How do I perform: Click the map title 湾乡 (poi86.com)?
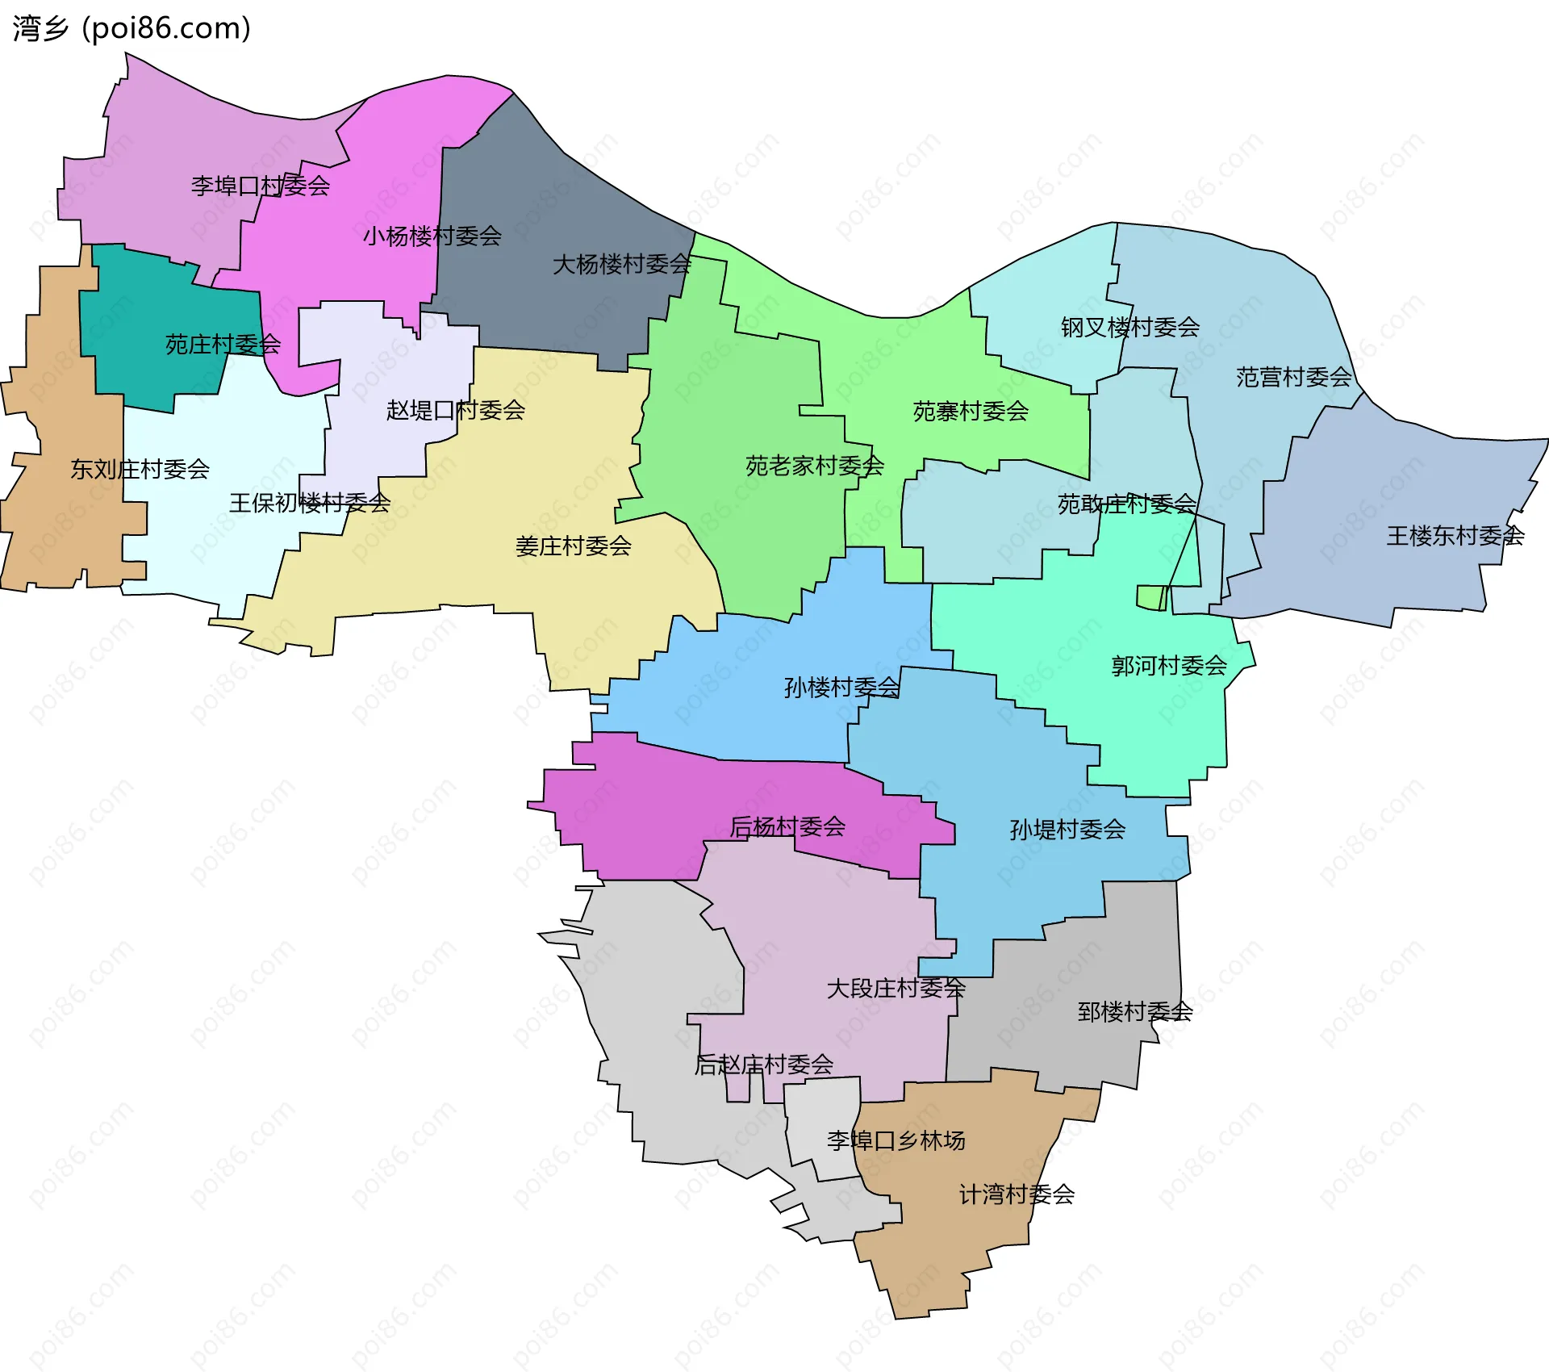[132, 28]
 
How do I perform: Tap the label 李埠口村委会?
[261, 186]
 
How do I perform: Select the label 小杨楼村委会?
[432, 236]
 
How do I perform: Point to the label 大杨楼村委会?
[622, 265]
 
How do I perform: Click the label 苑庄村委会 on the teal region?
[223, 345]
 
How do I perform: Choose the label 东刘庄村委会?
[140, 469]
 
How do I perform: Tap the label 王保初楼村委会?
[310, 504]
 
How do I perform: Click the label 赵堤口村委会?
[456, 410]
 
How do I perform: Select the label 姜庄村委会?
[574, 546]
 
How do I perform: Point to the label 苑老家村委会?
[815, 466]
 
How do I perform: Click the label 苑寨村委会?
[971, 412]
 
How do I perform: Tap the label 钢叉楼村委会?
[1130, 328]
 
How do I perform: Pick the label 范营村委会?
[1294, 377]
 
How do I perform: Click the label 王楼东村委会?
[1455, 536]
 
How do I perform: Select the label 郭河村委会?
[1169, 666]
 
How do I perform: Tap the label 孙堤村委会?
[1067, 830]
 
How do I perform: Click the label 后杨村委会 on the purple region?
[787, 826]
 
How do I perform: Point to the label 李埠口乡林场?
[896, 1140]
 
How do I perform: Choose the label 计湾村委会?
[1017, 1194]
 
